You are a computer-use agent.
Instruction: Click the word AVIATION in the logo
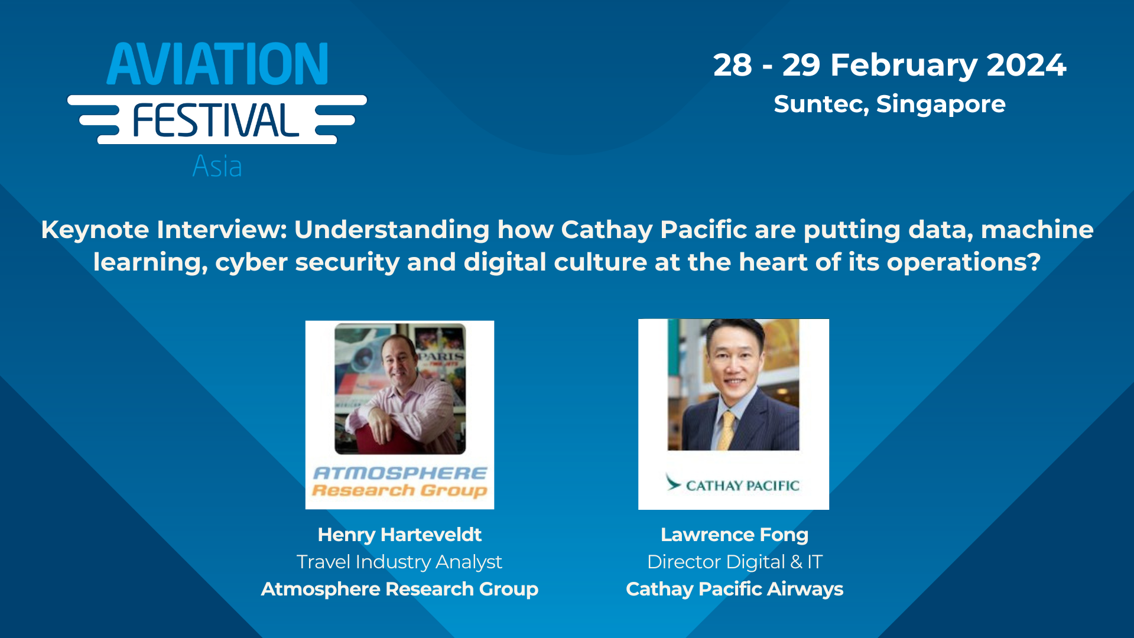[217, 64]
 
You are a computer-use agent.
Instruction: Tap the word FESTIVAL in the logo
[216, 121]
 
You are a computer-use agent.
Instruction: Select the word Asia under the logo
[217, 167]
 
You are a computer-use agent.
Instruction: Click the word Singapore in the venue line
[940, 105]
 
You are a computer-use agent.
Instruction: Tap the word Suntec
[820, 105]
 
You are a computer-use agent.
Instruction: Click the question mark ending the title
[1034, 262]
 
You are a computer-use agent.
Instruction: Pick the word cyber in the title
[251, 262]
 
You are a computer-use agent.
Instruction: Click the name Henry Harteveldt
[399, 535]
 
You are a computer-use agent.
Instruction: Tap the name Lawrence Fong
[734, 535]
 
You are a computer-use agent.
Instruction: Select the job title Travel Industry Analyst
[399, 562]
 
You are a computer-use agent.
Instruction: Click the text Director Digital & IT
[734, 562]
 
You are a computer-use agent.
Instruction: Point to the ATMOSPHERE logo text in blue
[399, 473]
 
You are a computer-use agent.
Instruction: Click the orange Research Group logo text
[399, 491]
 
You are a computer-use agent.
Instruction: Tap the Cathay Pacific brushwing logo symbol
[672, 483]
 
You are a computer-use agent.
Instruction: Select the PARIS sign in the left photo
[441, 356]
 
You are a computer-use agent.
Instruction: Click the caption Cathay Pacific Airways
[734, 589]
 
